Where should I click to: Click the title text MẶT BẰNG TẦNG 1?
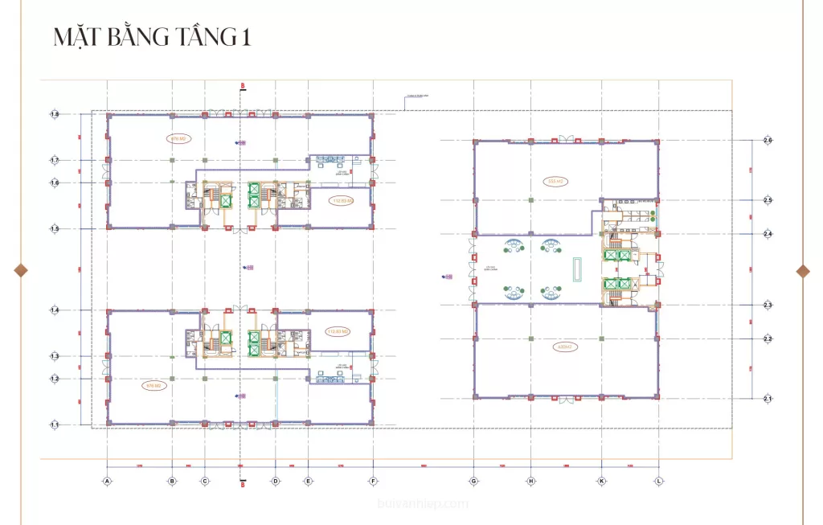152,38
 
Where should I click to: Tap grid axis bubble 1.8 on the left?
55,115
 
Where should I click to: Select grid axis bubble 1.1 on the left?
55,424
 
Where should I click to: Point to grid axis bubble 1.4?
55,310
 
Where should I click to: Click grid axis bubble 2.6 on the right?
768,141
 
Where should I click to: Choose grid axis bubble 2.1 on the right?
768,398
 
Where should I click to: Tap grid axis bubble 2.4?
768,234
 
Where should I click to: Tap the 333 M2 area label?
554,181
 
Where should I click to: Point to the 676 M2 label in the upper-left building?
178,138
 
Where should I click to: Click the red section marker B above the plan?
242,85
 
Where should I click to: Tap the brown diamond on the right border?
802,270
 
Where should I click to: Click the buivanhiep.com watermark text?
422,504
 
